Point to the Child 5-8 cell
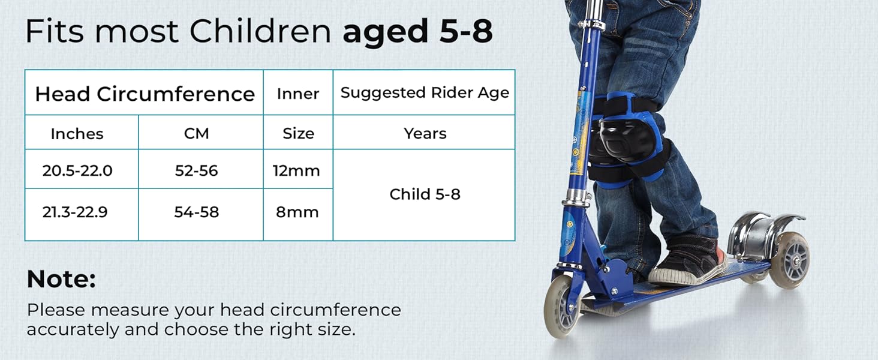pyautogui.click(x=425, y=194)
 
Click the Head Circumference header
pyautogui.click(x=145, y=94)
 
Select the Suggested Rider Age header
pyautogui.click(x=425, y=93)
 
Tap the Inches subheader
pyautogui.click(x=77, y=134)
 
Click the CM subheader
pyautogui.click(x=196, y=134)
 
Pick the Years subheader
pyautogui.click(x=425, y=134)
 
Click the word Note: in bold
pyautogui.click(x=62, y=279)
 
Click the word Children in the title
pyautogui.click(x=261, y=31)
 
